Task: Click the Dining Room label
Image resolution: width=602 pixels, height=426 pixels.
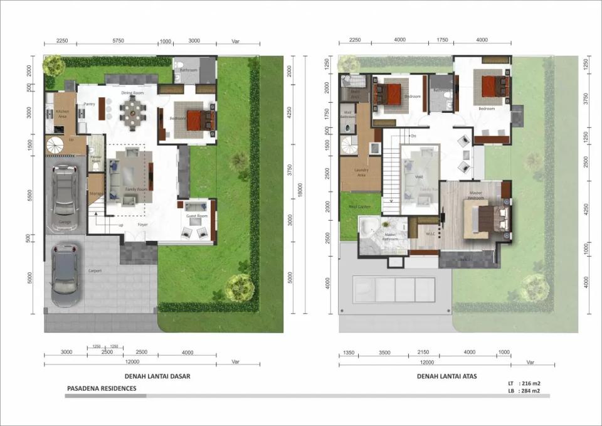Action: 132,93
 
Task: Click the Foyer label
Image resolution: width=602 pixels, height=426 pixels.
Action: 143,224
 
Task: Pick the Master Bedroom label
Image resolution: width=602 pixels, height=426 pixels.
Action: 475,197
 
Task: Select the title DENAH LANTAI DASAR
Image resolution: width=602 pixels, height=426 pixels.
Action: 157,376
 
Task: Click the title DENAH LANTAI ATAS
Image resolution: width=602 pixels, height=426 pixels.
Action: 446,376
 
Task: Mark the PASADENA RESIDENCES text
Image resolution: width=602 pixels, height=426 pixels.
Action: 102,388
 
